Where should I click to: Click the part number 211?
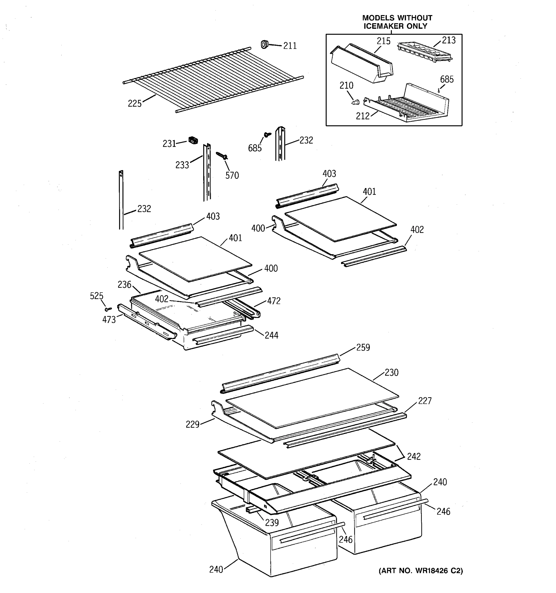pyautogui.click(x=290, y=46)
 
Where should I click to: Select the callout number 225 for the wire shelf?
pyautogui.click(x=134, y=104)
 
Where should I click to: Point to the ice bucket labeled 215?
pyautogui.click(x=362, y=64)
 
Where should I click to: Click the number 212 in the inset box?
pyautogui.click(x=363, y=116)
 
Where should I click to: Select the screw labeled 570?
pyautogui.click(x=222, y=155)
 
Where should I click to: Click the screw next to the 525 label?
pyautogui.click(x=108, y=309)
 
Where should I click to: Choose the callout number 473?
pyautogui.click(x=109, y=320)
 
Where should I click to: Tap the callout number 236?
pyautogui.click(x=124, y=285)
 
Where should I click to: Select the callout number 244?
pyautogui.click(x=271, y=335)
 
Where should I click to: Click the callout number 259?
pyautogui.click(x=363, y=347)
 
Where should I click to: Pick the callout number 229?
pyautogui.click(x=192, y=424)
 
